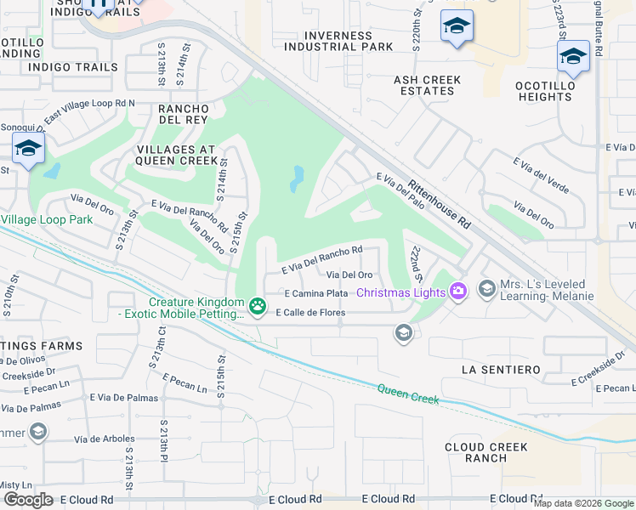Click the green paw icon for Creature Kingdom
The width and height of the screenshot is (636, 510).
tap(256, 304)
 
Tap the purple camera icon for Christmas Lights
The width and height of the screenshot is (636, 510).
tap(458, 292)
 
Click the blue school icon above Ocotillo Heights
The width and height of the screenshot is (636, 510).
tap(573, 57)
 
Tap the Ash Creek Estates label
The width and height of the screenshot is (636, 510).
tap(427, 86)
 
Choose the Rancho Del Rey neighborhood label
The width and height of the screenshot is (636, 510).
tap(184, 115)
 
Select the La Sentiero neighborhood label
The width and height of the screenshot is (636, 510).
tap(501, 370)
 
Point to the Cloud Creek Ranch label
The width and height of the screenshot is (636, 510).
tap(486, 453)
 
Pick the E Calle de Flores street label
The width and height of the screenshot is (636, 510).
tap(293, 313)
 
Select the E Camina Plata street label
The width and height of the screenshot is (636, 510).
tap(316, 293)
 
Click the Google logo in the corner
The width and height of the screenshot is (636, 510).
tap(28, 500)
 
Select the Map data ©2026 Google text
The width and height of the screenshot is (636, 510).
tap(582, 503)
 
